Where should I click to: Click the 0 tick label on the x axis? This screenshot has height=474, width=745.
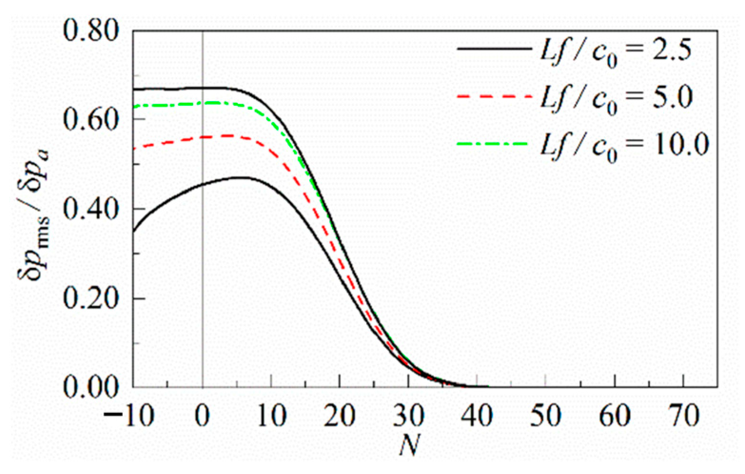[203, 415]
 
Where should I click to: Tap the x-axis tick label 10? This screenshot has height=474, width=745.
[271, 415]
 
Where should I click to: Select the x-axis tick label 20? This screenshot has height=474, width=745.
[340, 415]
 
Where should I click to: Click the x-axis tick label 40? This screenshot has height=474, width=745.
[478, 415]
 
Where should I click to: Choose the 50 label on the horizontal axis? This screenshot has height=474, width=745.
[547, 415]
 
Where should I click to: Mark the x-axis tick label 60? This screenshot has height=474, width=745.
[615, 415]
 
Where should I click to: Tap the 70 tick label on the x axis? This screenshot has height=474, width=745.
[684, 415]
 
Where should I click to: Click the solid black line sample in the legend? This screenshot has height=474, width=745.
[494, 49]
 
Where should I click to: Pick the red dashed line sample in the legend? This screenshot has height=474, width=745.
[494, 96]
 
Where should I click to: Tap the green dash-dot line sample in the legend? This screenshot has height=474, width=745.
[494, 143]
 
